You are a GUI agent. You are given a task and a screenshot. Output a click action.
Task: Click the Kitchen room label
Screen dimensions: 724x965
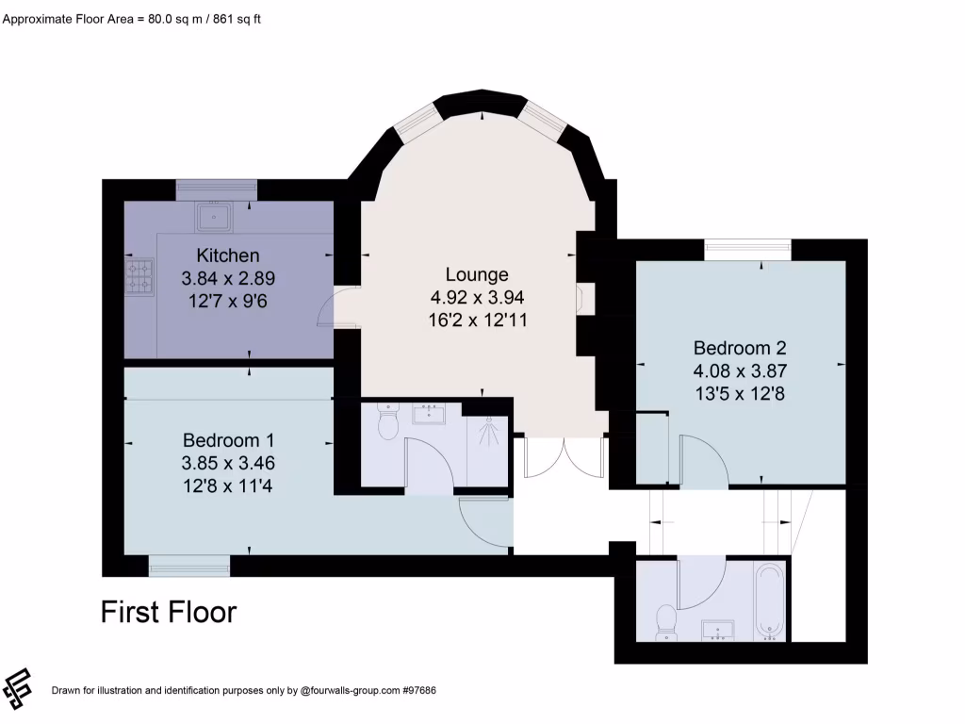tap(227, 255)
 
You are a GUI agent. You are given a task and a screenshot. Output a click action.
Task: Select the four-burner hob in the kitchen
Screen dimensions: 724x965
tap(139, 275)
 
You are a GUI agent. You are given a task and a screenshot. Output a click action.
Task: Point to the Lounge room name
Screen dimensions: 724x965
tap(477, 274)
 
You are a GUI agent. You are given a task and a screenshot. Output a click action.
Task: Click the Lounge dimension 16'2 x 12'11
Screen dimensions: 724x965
tap(477, 320)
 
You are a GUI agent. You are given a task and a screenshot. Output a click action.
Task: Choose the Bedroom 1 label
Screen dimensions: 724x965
tap(227, 440)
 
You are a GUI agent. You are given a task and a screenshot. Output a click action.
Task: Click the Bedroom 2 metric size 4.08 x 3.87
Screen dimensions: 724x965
tap(740, 370)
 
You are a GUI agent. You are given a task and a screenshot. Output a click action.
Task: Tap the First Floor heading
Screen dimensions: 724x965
tap(169, 613)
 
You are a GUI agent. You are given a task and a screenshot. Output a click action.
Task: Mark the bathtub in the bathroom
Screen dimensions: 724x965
tap(769, 601)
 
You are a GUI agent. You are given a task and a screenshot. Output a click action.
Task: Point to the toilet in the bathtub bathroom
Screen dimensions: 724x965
tap(665, 620)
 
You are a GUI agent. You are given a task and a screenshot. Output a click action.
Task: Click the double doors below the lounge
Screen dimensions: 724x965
tap(564, 459)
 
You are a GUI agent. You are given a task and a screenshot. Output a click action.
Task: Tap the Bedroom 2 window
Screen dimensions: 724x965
tap(747, 249)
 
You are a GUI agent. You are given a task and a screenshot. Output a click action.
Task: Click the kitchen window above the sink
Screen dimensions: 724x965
tap(216, 189)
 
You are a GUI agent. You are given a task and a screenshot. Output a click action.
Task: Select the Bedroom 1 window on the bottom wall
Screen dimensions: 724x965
tap(189, 566)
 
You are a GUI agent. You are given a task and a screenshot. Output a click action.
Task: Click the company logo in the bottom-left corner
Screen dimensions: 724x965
tap(18, 688)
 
